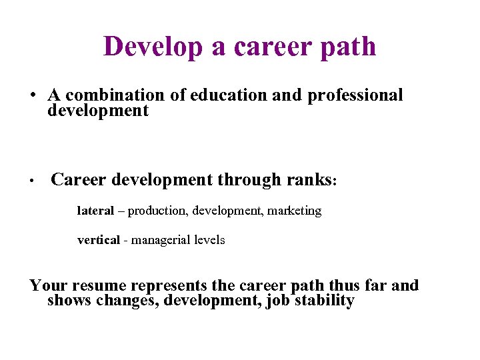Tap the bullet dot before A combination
click(x=32, y=95)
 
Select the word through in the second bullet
click(x=251, y=181)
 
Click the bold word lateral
click(x=95, y=211)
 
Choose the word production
click(x=158, y=211)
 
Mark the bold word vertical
click(x=98, y=240)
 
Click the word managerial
click(x=159, y=241)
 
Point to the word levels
click(x=209, y=240)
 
